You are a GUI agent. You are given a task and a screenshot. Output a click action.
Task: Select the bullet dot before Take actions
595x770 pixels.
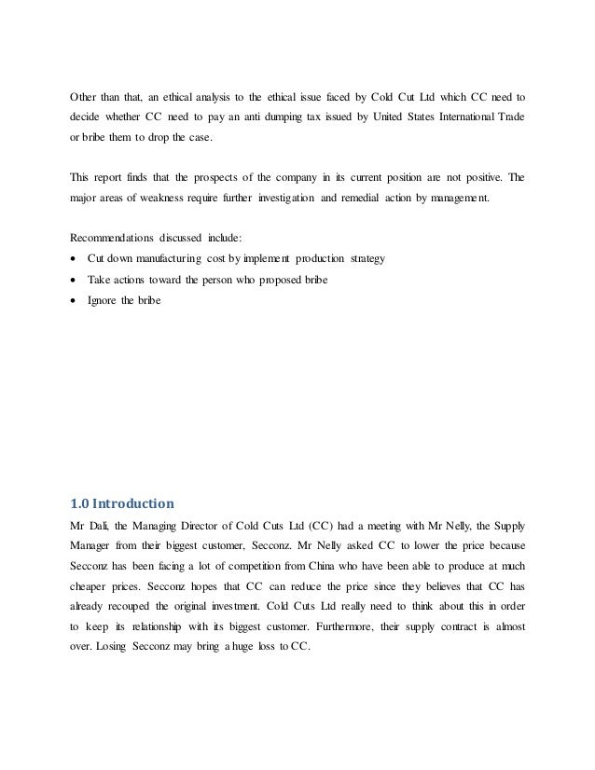pyautogui.click(x=74, y=278)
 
